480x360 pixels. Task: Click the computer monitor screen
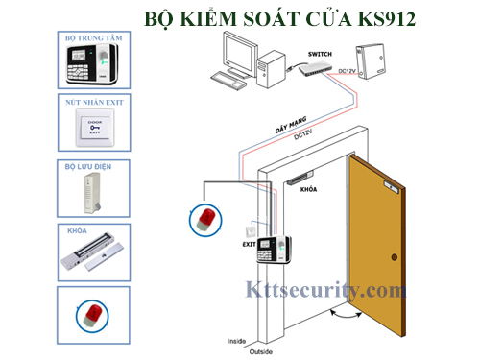[x=236, y=47]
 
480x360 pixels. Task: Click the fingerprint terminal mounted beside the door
[x=271, y=253]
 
